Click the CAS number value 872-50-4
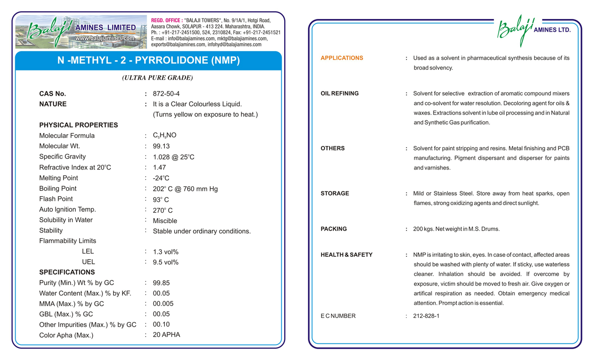[166, 94]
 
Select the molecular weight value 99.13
[161, 146]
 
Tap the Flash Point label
[56, 199]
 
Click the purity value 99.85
[161, 283]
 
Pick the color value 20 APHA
[166, 335]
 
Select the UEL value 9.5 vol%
[165, 262]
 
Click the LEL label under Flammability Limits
[88, 252]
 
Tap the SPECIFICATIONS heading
[67, 272]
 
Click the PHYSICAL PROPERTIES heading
[78, 125]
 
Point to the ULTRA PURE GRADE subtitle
[157, 78]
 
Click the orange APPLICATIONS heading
[341, 58]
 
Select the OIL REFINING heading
[339, 94]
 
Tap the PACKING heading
[333, 229]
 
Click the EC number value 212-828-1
[426, 316]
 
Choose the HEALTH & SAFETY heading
[346, 255]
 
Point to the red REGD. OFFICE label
[166, 20]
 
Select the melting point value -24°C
[161, 179]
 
